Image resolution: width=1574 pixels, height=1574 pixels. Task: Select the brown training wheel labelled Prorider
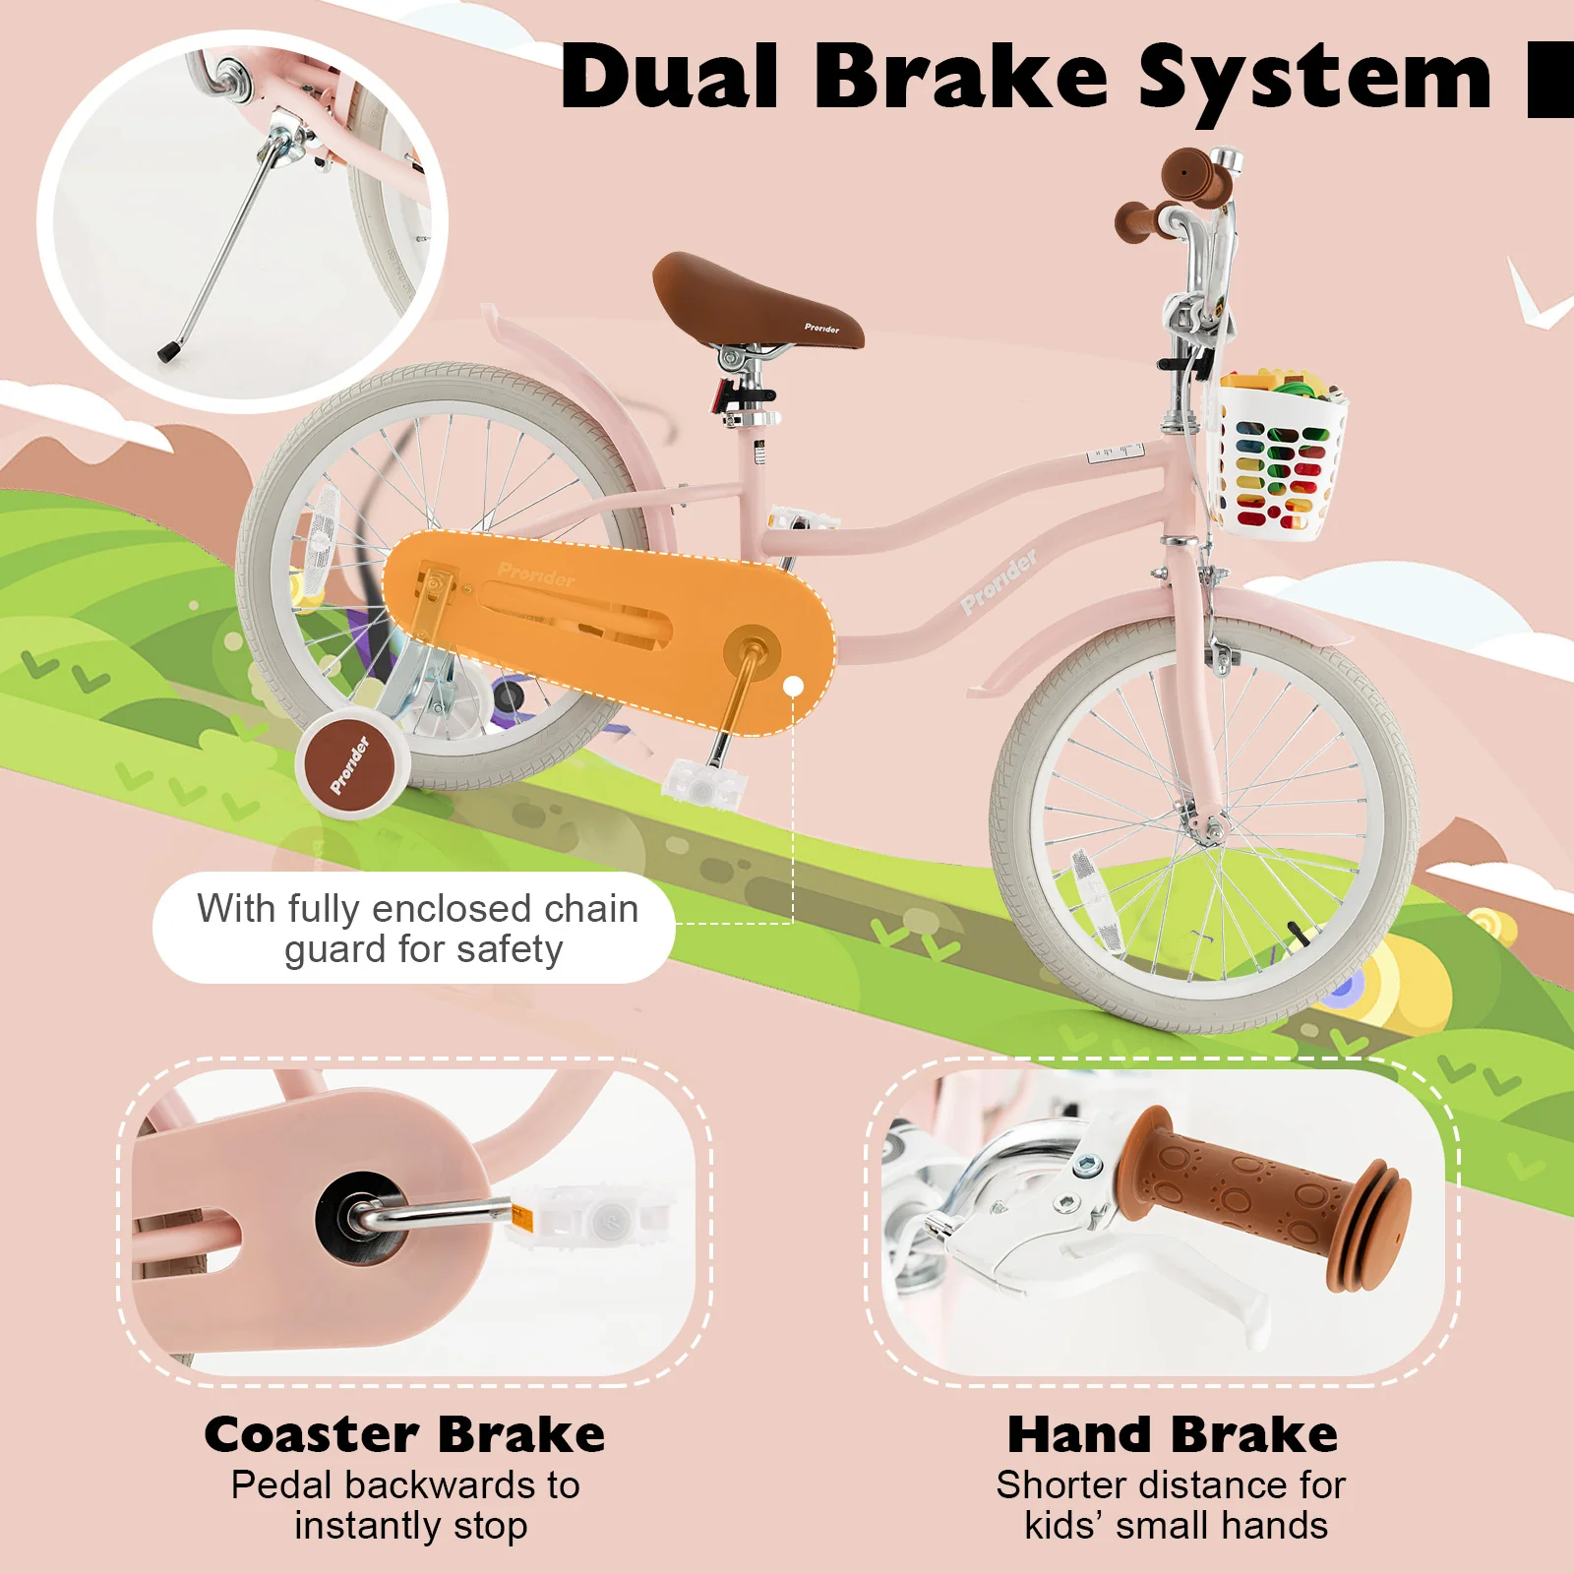[351, 765]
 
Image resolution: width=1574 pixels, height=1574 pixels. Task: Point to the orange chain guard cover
[610, 630]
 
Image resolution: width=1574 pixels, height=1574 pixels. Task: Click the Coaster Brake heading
[404, 1434]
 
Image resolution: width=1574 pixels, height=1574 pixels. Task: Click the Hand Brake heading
[1173, 1434]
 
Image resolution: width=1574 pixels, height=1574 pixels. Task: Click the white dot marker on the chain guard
[794, 686]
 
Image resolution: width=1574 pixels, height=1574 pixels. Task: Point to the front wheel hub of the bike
[1208, 829]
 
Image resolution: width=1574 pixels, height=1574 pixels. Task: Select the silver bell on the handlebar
[1226, 159]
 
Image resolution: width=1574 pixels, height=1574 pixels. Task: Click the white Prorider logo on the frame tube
[998, 582]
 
